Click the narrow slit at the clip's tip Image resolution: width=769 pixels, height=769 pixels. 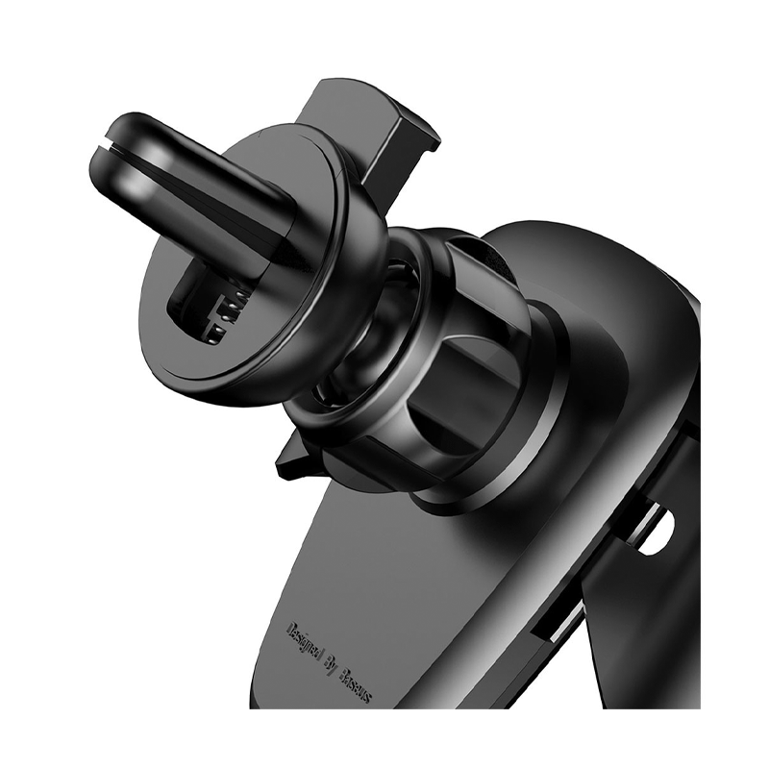pyautogui.click(x=105, y=146)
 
